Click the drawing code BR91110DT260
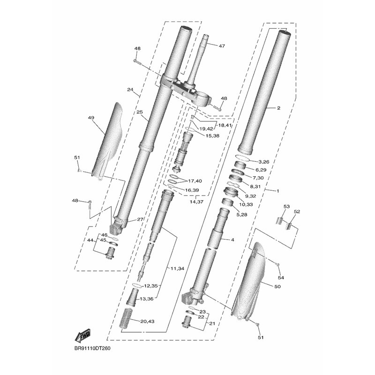point(92,348)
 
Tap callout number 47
point(222,45)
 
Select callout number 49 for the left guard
point(91,118)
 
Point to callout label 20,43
point(147,322)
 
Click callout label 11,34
point(177,268)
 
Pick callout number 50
point(277,286)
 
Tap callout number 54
point(281,277)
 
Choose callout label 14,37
point(196,202)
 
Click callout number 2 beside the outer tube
point(278,108)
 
